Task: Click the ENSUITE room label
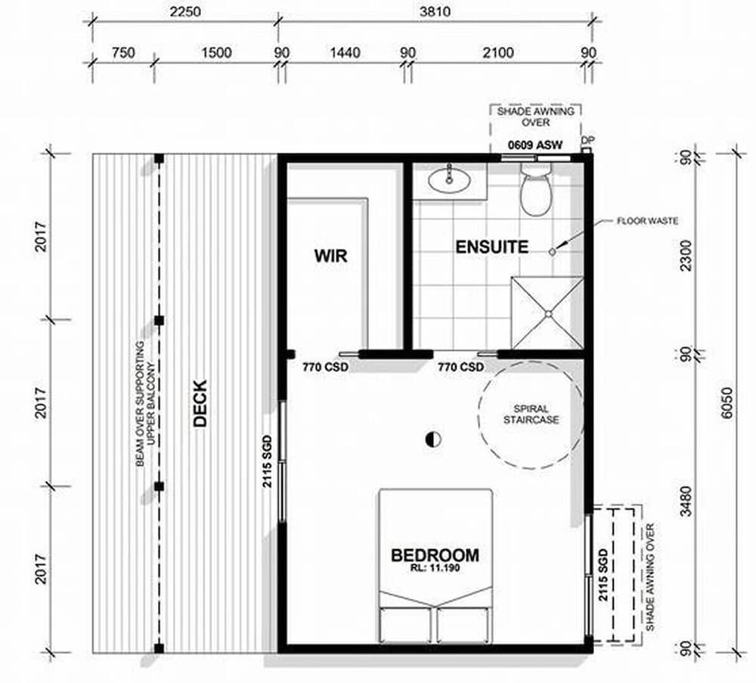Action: [492, 247]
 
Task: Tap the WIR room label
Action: [331, 255]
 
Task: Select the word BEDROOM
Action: [435, 555]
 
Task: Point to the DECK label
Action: [200, 403]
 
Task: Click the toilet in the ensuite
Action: [536, 190]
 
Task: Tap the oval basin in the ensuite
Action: [449, 181]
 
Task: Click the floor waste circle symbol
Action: [553, 251]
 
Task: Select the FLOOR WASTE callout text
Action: [648, 221]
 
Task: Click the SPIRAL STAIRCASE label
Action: [531, 414]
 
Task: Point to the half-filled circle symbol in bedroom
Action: [433, 439]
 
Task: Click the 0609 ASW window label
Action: [535, 144]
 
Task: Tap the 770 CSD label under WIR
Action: [325, 367]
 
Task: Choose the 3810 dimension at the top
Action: [435, 11]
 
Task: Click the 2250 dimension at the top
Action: [185, 11]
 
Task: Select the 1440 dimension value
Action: [345, 52]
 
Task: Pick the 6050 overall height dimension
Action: [727, 403]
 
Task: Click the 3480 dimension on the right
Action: [686, 501]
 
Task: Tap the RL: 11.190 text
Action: [435, 568]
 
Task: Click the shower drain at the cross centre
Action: [548, 315]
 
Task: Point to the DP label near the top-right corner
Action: [587, 141]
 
